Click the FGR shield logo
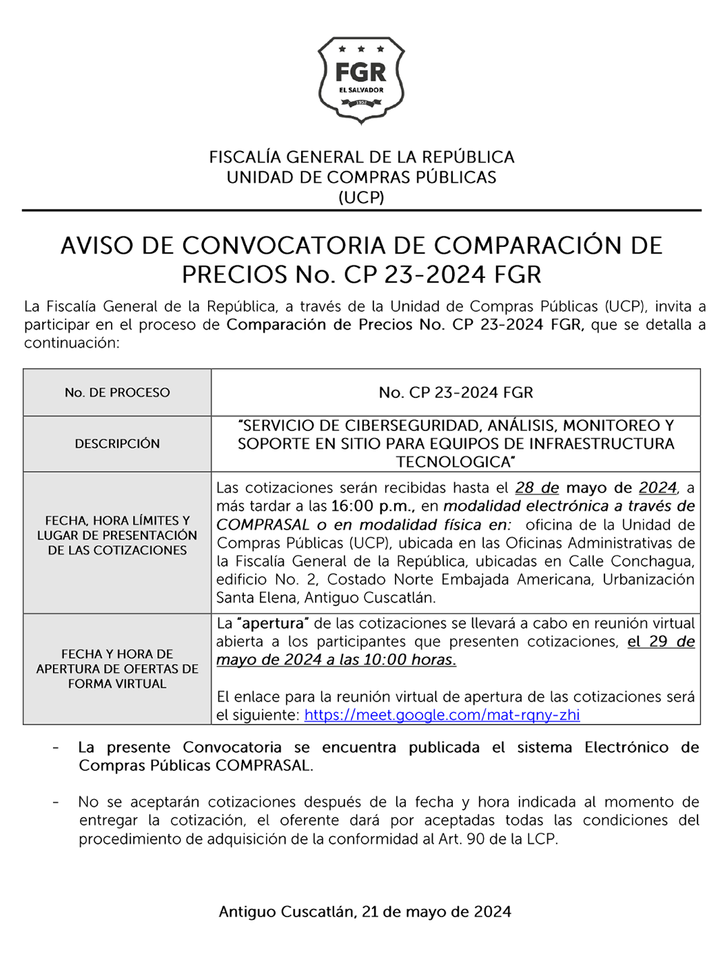pyautogui.click(x=361, y=80)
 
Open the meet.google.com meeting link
pyautogui.click(x=442, y=715)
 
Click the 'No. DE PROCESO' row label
pyautogui.click(x=117, y=392)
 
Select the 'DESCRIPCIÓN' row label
pyautogui.click(x=117, y=443)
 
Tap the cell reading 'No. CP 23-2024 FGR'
pyautogui.click(x=455, y=392)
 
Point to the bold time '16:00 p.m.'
pyautogui.click(x=370, y=506)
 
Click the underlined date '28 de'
pyautogui.click(x=537, y=487)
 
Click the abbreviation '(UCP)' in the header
pyautogui.click(x=361, y=197)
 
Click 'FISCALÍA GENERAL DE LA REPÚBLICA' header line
pyautogui.click(x=361, y=157)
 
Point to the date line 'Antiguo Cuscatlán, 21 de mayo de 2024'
pyautogui.click(x=365, y=911)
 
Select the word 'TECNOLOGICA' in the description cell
pyautogui.click(x=455, y=461)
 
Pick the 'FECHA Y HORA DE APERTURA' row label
pyautogui.click(x=117, y=668)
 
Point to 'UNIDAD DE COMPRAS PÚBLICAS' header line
pyautogui.click(x=361, y=177)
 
